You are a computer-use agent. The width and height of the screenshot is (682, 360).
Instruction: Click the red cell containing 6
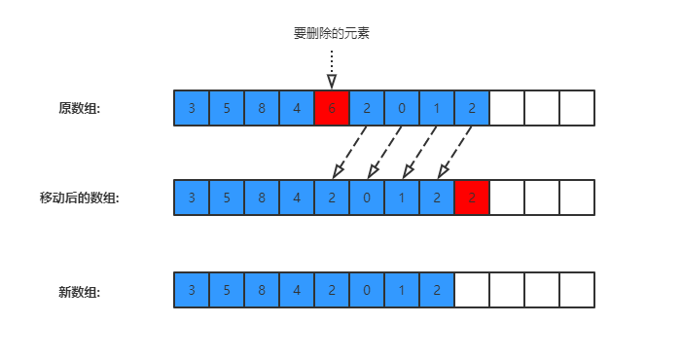coord(332,108)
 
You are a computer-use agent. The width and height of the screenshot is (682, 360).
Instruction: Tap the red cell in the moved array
coord(472,198)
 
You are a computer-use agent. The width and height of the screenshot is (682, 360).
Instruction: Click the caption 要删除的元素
coord(332,33)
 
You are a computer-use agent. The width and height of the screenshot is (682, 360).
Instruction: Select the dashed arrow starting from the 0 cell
coord(384,153)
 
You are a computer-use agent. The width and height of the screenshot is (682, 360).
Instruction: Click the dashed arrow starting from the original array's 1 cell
coord(419,153)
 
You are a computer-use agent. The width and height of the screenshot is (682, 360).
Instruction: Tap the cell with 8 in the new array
coord(262,290)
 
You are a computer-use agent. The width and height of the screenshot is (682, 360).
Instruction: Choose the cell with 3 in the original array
coord(192,108)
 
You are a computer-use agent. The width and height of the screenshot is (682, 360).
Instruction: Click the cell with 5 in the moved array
coord(227,198)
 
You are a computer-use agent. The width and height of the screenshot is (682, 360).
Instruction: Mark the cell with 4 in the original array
coord(297,108)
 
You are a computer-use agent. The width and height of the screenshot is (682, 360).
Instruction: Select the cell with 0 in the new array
coord(367,290)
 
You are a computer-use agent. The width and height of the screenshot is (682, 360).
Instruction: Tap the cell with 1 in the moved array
coord(402,198)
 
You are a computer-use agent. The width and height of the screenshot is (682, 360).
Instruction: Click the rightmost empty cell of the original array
coord(577,108)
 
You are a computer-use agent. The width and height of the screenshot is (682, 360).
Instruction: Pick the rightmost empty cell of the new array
coord(577,290)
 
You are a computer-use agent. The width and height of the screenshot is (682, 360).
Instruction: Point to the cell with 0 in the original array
coord(402,108)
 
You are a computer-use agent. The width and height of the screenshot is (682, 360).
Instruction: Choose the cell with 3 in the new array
coord(192,290)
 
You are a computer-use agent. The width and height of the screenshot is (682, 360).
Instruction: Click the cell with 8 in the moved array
coord(262,198)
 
